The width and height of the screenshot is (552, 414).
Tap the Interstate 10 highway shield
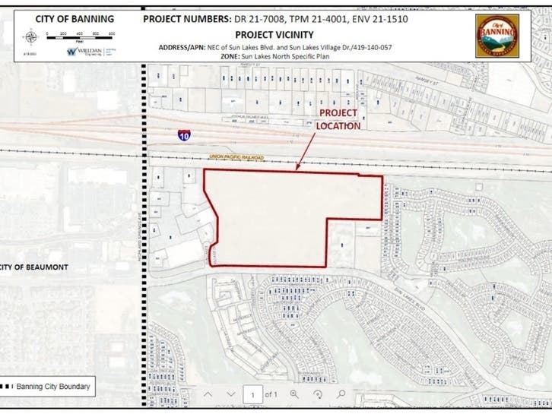click(185, 135)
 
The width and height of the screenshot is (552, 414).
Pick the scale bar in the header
click(79, 34)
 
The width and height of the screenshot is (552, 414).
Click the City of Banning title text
click(75, 18)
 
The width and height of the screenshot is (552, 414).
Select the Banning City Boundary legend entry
click(47, 387)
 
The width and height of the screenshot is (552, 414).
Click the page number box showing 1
click(252, 394)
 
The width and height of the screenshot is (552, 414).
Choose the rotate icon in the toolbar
click(319, 394)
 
